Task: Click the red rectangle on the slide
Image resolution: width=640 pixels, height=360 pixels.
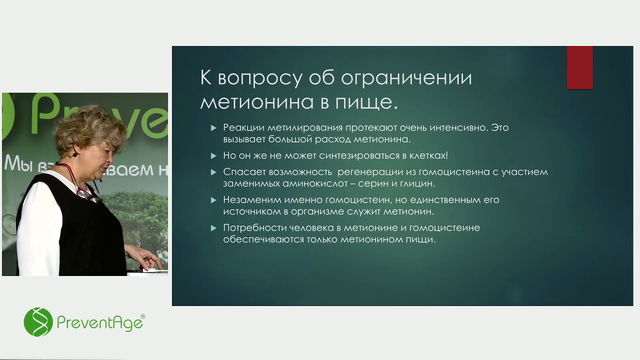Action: [x=579, y=67]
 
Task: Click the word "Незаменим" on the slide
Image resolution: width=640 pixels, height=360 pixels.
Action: [x=248, y=200]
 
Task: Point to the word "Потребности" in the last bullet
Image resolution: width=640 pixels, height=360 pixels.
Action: [x=254, y=228]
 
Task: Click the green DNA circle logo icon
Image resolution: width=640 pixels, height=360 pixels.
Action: [x=38, y=322]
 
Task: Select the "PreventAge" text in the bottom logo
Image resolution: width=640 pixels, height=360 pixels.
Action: [x=100, y=323]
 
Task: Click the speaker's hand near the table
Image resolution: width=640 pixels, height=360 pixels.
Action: [x=148, y=259]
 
